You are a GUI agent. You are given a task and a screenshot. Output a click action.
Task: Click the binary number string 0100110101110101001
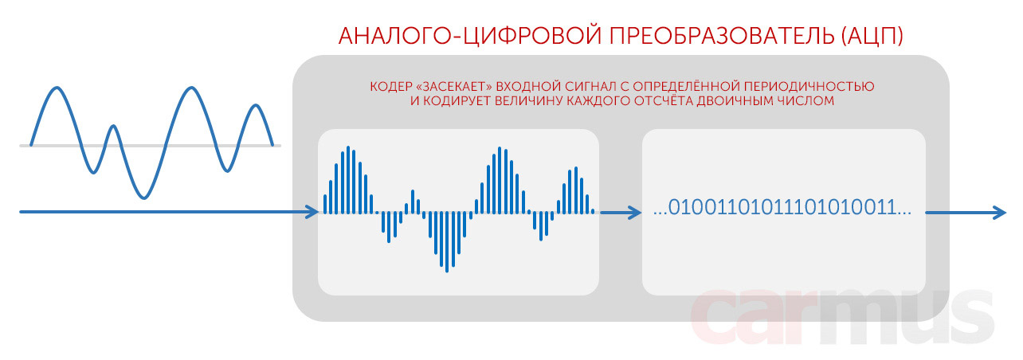click(x=782, y=207)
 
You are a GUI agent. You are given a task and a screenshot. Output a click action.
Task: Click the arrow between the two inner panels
click(x=621, y=212)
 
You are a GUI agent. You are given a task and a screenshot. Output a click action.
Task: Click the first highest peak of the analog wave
click(x=57, y=87)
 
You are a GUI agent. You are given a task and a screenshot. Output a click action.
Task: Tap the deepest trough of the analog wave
click(x=144, y=198)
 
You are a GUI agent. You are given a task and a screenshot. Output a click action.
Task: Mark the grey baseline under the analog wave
click(x=150, y=146)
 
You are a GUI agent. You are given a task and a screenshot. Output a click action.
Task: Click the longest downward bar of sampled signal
click(x=447, y=242)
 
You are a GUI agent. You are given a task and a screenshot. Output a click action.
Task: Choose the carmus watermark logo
click(x=842, y=317)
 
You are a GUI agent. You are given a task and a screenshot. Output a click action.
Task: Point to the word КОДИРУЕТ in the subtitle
click(x=456, y=101)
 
